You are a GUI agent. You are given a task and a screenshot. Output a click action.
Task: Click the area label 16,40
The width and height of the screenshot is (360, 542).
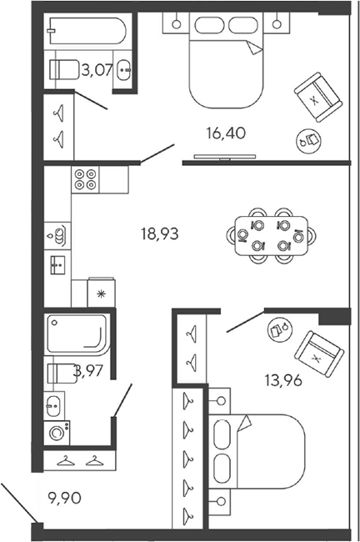tap(226, 133)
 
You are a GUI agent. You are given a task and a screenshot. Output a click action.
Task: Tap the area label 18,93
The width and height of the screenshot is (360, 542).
tap(160, 234)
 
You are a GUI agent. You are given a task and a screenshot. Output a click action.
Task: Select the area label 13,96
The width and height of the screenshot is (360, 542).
tap(283, 380)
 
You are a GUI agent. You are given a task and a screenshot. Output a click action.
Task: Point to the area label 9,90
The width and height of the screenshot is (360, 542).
tap(65, 498)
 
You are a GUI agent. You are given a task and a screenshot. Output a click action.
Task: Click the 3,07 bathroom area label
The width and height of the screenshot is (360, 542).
tap(97, 71)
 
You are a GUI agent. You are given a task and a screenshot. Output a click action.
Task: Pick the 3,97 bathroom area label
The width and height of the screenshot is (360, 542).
tap(89, 371)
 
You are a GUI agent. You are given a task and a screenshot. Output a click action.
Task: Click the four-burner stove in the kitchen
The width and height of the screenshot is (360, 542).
tap(85, 179)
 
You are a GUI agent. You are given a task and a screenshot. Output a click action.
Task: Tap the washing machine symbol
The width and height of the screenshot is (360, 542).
tap(57, 433)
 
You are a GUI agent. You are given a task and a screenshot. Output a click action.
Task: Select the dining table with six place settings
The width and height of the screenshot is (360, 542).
tap(271, 236)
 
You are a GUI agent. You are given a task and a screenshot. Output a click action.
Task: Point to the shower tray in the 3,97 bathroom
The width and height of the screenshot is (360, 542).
tap(78, 334)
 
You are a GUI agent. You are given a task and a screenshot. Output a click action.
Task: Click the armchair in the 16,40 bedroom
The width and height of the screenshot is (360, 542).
tap(318, 97)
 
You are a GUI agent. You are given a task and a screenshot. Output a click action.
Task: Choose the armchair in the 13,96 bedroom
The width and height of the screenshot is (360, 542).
tap(318, 354)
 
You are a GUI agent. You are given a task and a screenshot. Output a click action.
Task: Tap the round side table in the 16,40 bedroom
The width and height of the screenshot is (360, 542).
tap(309, 141)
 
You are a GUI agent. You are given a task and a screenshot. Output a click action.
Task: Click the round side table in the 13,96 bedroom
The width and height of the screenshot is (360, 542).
tap(280, 329)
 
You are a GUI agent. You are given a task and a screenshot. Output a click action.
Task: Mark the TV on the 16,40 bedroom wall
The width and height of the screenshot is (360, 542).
tap(225, 158)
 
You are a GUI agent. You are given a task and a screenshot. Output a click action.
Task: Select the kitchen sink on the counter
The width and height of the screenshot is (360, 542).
tap(57, 265)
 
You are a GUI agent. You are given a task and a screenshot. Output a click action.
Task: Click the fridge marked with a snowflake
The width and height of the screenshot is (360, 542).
tap(101, 293)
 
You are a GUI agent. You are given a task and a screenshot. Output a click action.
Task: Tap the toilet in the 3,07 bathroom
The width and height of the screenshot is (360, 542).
tap(64, 69)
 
